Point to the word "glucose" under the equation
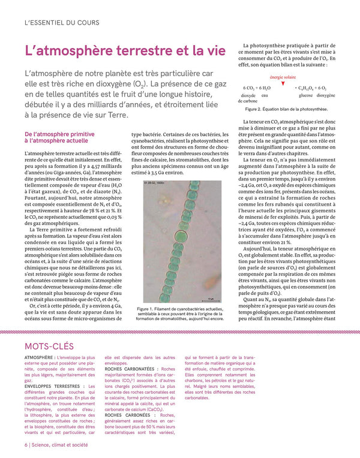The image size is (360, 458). click(305, 95)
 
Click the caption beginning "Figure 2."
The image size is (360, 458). click(286, 110)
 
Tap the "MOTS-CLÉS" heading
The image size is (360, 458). click(49, 346)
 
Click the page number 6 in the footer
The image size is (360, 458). click(26, 445)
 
